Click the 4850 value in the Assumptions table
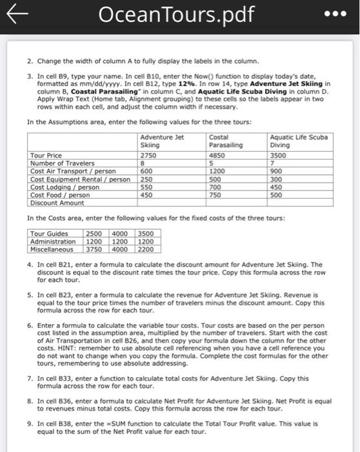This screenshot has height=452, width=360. click(x=217, y=156)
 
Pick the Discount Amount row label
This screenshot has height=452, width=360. click(x=56, y=203)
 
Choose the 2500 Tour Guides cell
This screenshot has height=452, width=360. click(x=94, y=233)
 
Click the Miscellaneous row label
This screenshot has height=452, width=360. click(x=53, y=249)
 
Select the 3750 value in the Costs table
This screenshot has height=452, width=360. click(x=94, y=249)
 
